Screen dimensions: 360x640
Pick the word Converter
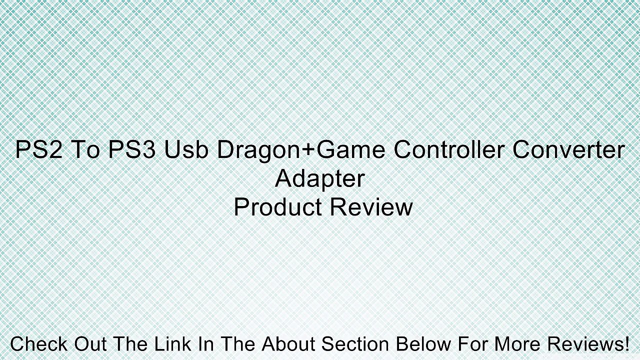pos(567,150)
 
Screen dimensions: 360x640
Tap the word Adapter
pos(320,178)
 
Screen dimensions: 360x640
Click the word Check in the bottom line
pos(38,344)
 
